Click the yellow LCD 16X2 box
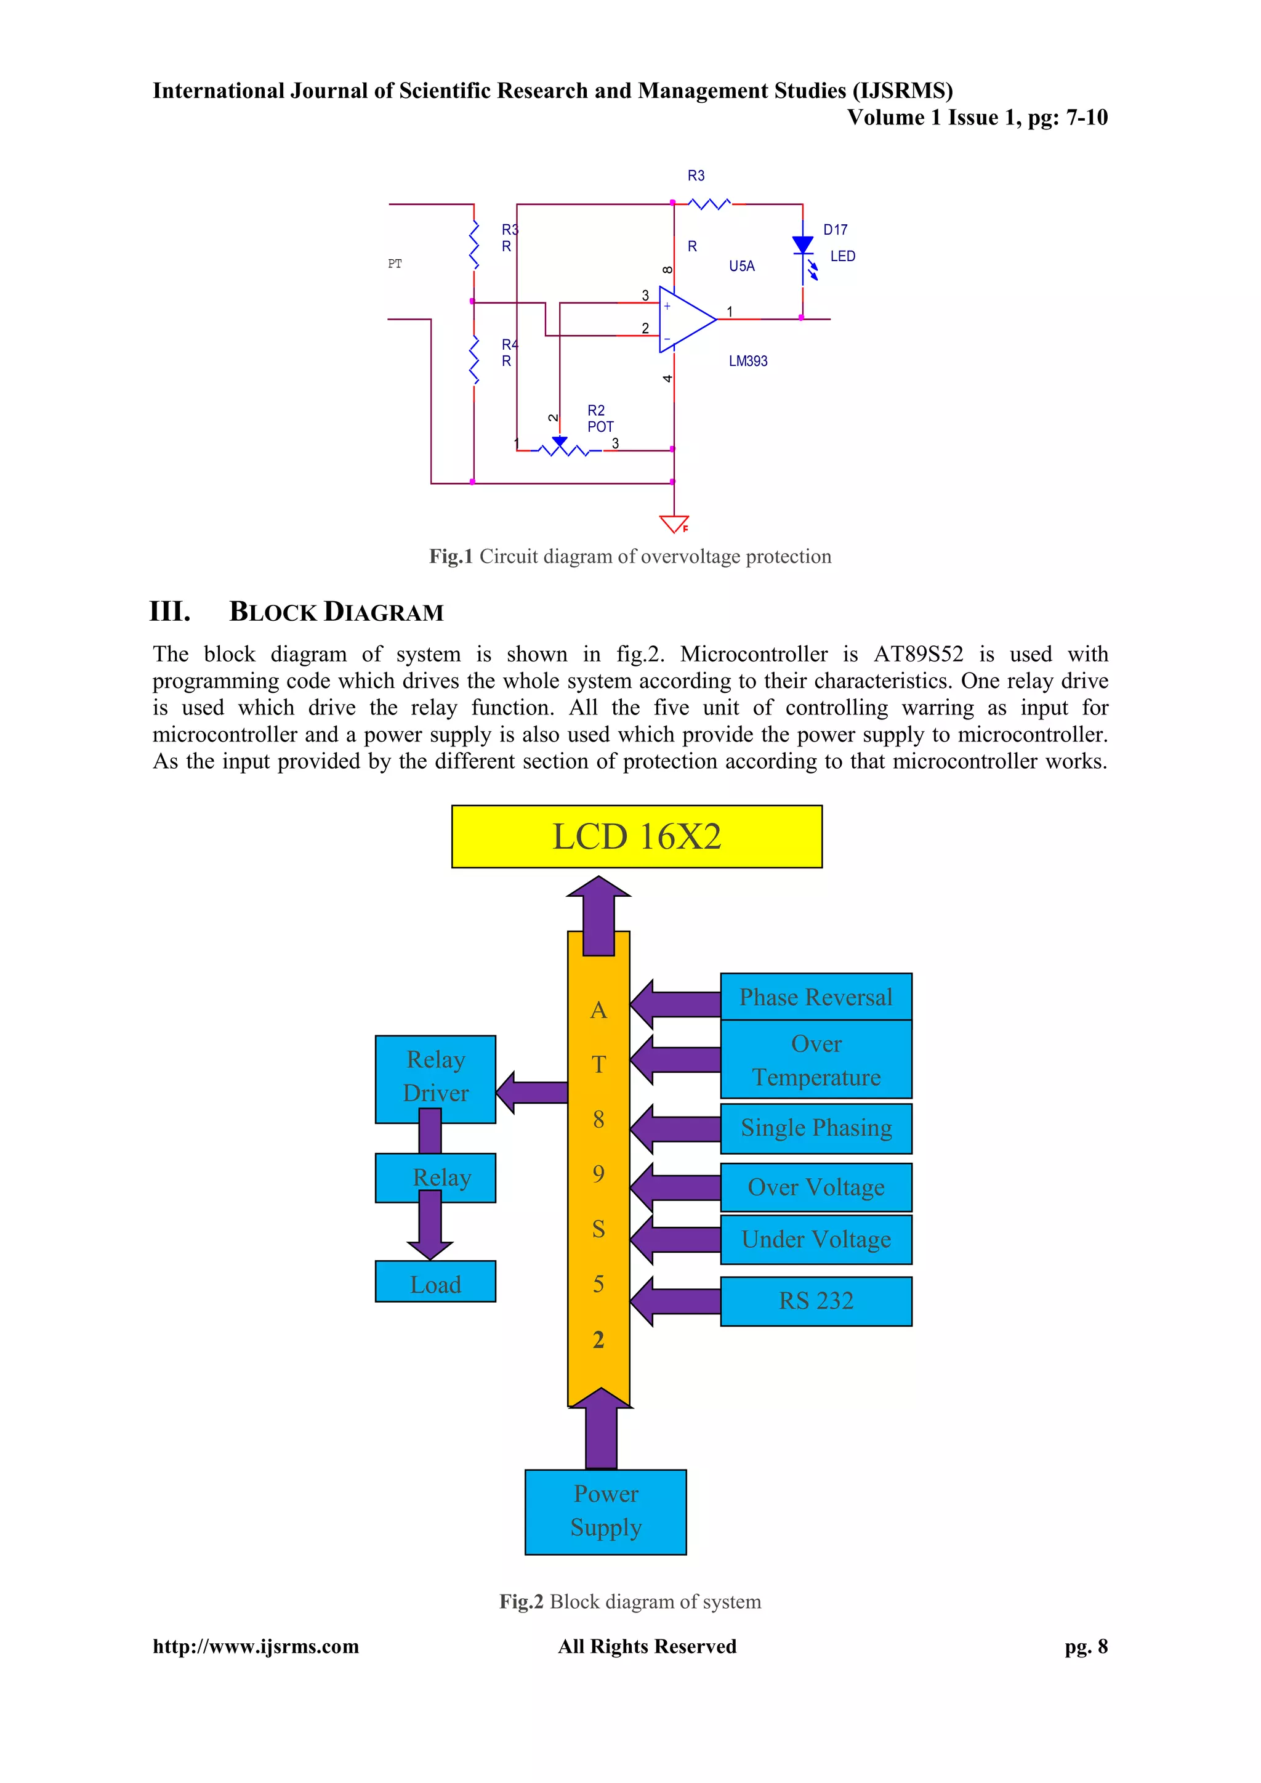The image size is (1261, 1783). (637, 836)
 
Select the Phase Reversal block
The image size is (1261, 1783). (815, 997)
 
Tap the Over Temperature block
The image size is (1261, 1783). (815, 1059)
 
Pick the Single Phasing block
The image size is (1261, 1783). (815, 1128)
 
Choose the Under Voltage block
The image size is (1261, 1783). (815, 1239)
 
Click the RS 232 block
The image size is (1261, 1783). (815, 1301)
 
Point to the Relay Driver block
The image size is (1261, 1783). (435, 1078)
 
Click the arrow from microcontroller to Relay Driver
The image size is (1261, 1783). (533, 1092)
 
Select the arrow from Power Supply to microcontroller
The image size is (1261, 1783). (600, 1429)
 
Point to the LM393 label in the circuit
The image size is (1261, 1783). (747, 361)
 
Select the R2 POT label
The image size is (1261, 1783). (600, 419)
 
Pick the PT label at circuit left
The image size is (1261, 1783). (395, 264)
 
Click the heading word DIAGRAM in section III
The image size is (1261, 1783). (384, 613)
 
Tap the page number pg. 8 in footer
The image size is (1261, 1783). (1086, 1646)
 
